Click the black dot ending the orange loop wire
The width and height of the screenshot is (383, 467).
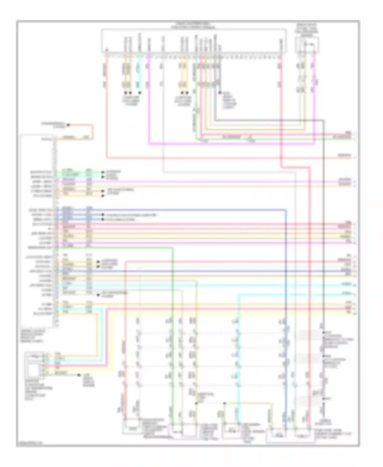pos(68,125)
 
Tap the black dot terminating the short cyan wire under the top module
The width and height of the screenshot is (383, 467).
pos(140,93)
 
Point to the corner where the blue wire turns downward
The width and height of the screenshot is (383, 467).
pos(286,210)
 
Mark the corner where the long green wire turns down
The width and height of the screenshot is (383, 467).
pos(173,248)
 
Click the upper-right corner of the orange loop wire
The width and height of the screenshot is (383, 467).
pos(93,125)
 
